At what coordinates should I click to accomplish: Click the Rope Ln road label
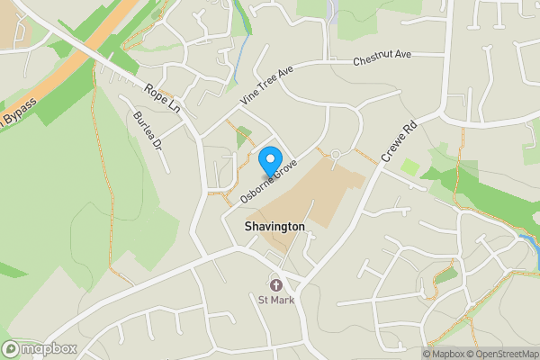tap(163, 99)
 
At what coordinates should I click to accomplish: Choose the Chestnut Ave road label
tap(382, 58)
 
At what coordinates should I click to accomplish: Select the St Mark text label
tap(276, 300)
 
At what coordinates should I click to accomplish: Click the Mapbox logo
tap(39, 348)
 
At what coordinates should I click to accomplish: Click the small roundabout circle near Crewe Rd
tap(335, 155)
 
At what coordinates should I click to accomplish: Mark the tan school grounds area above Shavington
tap(306, 193)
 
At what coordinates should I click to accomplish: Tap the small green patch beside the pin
tap(243, 137)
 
